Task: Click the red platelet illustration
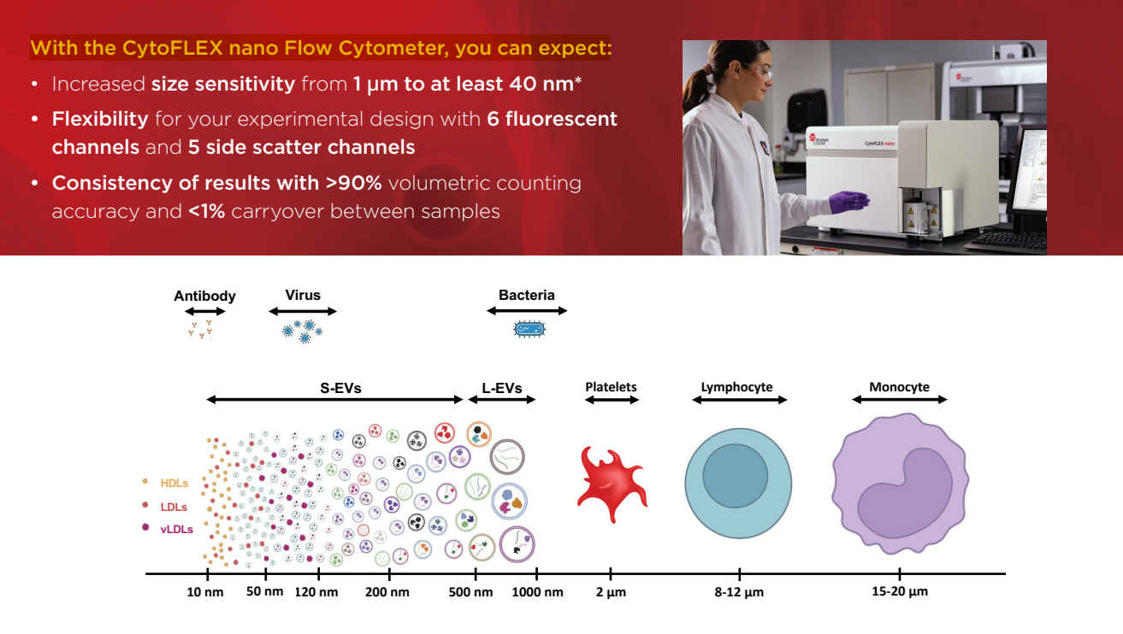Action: point(612,484)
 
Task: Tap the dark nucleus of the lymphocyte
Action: point(735,476)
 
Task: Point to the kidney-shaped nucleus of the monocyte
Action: point(905,493)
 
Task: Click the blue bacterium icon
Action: point(529,329)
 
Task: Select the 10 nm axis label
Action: point(205,592)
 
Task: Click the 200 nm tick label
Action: point(387,592)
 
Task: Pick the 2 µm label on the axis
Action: point(611,592)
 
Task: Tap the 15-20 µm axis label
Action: point(900,591)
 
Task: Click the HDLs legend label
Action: point(174,484)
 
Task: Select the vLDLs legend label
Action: point(176,530)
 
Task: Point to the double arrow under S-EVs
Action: point(334,400)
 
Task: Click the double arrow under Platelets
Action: point(612,400)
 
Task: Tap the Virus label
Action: point(303,295)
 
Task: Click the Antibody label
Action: point(204,296)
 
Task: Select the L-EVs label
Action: point(502,388)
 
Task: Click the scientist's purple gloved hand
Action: point(848,202)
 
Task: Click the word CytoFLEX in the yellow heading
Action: point(172,48)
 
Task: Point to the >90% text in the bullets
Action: point(353,184)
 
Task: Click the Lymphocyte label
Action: point(736,387)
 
